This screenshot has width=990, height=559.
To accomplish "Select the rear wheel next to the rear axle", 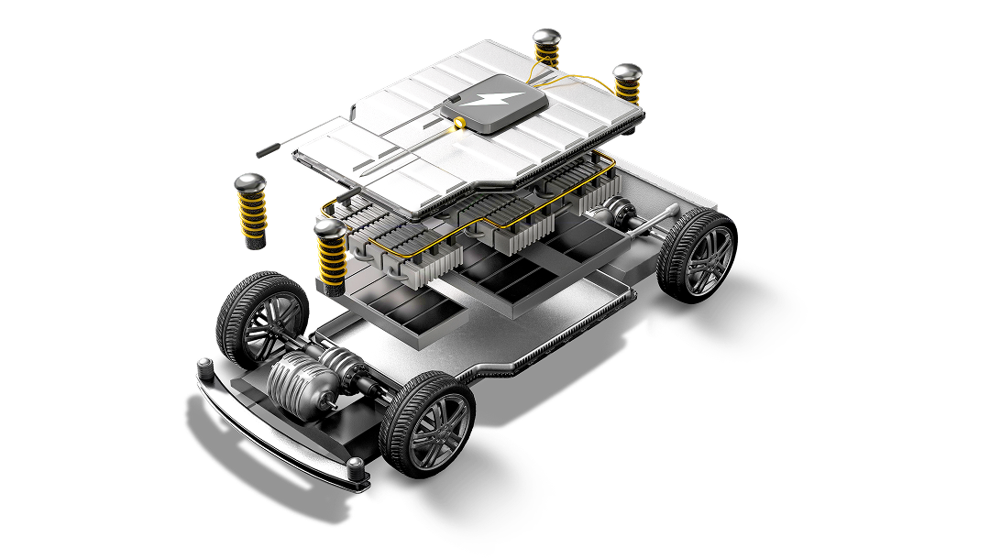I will (x=699, y=253).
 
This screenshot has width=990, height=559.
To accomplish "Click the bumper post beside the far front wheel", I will (x=207, y=367).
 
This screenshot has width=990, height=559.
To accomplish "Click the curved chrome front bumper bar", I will (x=275, y=431).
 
